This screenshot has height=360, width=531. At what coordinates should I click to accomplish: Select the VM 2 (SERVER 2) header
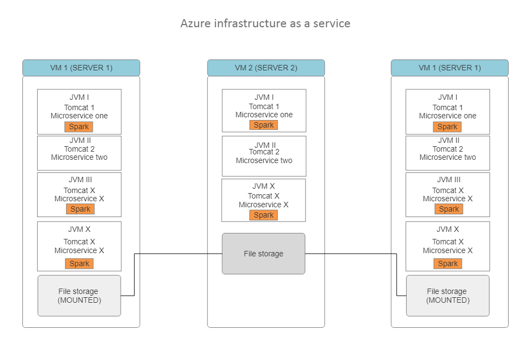[x=266, y=68]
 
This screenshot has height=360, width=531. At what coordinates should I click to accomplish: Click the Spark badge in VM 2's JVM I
[x=264, y=125]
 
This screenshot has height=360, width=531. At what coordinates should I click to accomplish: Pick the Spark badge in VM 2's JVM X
[x=264, y=215]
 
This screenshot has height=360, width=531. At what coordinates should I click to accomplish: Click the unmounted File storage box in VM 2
[x=264, y=254]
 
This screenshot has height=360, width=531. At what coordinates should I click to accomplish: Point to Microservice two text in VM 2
[x=264, y=160]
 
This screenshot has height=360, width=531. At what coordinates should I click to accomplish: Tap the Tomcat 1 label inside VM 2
[x=264, y=106]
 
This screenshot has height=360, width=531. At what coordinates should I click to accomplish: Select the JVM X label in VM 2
[x=264, y=186]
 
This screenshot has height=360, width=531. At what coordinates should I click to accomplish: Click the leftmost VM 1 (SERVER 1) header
[x=81, y=68]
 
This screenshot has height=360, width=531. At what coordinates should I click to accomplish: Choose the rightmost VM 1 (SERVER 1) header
[x=450, y=68]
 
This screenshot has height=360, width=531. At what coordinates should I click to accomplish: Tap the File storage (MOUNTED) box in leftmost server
[x=79, y=296]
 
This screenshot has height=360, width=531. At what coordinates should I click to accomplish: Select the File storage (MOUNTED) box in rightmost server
[x=448, y=296]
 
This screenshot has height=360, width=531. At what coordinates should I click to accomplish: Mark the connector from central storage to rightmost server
[x=349, y=254]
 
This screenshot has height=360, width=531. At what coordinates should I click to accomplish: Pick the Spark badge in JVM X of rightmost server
[x=448, y=263]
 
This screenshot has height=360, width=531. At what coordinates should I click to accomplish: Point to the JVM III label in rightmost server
[x=449, y=179]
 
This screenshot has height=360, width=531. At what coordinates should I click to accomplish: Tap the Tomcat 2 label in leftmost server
[x=79, y=149]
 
